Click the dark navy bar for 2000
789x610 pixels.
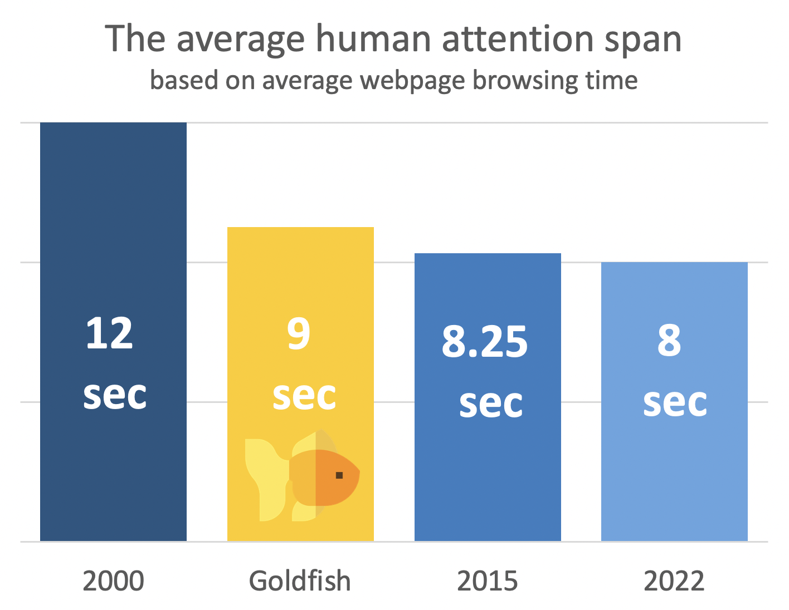(113, 223)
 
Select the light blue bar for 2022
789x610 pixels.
(674, 473)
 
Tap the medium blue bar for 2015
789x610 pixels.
(488, 473)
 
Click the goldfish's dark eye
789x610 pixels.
(339, 475)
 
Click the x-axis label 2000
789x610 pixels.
(113, 581)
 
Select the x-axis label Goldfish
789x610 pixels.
(300, 581)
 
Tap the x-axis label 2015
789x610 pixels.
(488, 581)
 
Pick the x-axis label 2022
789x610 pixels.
(674, 581)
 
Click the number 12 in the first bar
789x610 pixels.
(110, 334)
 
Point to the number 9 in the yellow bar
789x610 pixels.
(299, 334)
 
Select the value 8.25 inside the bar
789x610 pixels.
(485, 342)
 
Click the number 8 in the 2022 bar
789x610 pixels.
(669, 342)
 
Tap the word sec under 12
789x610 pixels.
(115, 395)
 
